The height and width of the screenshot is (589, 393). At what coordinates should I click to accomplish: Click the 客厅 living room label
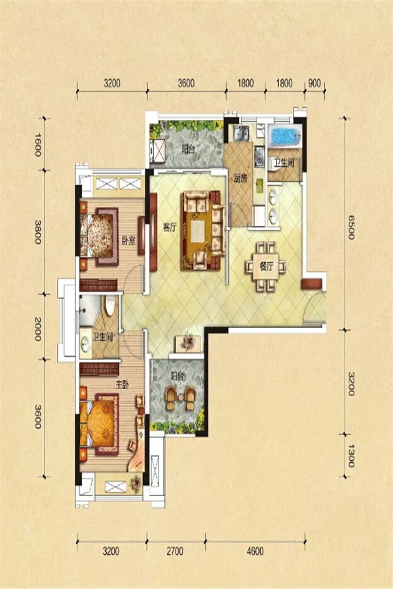pos(170,227)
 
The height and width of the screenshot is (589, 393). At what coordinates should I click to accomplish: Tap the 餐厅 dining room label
pos(267,267)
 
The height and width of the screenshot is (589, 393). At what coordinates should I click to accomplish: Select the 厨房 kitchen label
pos(240,179)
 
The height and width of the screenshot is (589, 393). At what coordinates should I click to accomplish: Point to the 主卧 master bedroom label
pos(122,385)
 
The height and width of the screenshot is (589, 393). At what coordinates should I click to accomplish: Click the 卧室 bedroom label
pos(128,241)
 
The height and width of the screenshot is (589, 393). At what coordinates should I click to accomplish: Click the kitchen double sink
pos(240,134)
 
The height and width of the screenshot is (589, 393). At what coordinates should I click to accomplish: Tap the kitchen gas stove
pos(259,156)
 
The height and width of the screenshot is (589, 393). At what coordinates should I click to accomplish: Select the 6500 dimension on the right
pos(350,227)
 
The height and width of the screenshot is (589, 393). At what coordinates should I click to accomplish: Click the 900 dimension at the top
pos(314,83)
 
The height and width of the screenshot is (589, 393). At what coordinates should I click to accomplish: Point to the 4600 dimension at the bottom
pos(255,551)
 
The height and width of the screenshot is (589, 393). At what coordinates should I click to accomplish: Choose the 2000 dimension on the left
pos(38,329)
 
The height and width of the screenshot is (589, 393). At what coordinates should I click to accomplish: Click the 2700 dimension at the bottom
pos(175,551)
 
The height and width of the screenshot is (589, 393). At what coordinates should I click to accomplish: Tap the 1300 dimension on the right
pos(350,455)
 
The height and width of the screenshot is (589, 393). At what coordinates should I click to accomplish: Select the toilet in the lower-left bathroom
pos(110,306)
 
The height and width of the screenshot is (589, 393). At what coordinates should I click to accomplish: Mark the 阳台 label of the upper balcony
pos(188,150)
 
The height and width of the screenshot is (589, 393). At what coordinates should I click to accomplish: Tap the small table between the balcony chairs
pos(181,397)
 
